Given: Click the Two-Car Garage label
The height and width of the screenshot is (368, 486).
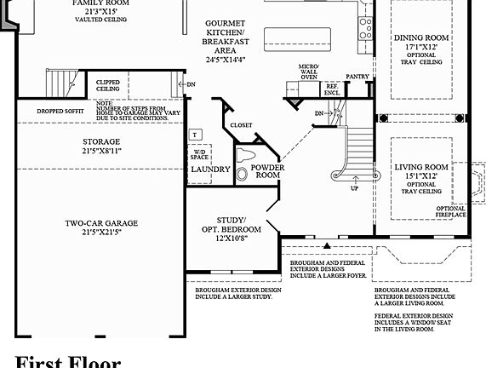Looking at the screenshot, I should pos(101,223).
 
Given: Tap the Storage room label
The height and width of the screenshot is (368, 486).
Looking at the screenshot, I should pos(101,141).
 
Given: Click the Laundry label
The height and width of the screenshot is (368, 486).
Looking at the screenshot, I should pos(210,170).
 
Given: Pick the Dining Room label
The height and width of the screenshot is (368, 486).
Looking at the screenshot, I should pos(420,38).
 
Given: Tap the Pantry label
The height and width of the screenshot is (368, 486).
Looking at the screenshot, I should pos(357,76).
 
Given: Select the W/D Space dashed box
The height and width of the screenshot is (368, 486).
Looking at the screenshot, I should pos(199,155).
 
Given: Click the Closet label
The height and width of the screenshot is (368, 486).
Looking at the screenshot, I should pos(241,125).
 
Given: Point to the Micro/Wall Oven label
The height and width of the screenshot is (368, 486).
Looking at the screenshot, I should pos(309,71).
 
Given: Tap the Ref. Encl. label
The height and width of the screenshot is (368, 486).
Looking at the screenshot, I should pos(332,88).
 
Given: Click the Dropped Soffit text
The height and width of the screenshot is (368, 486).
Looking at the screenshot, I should pos(62,111).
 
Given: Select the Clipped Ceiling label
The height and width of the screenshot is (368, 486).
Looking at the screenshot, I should pos(107,85).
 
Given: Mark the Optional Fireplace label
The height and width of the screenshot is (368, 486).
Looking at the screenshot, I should pos(451,211).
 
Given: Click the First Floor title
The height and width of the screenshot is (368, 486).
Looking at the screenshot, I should pos(68,361).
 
